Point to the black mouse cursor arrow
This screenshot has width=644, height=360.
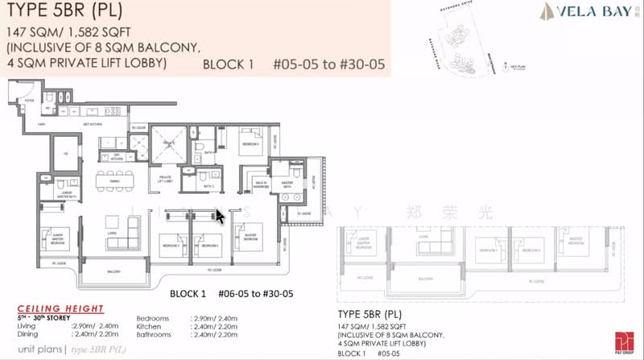pos(219,216)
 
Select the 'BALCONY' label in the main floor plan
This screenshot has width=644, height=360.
pos(115,272)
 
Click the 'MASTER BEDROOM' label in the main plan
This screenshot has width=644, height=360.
pos(244,236)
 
